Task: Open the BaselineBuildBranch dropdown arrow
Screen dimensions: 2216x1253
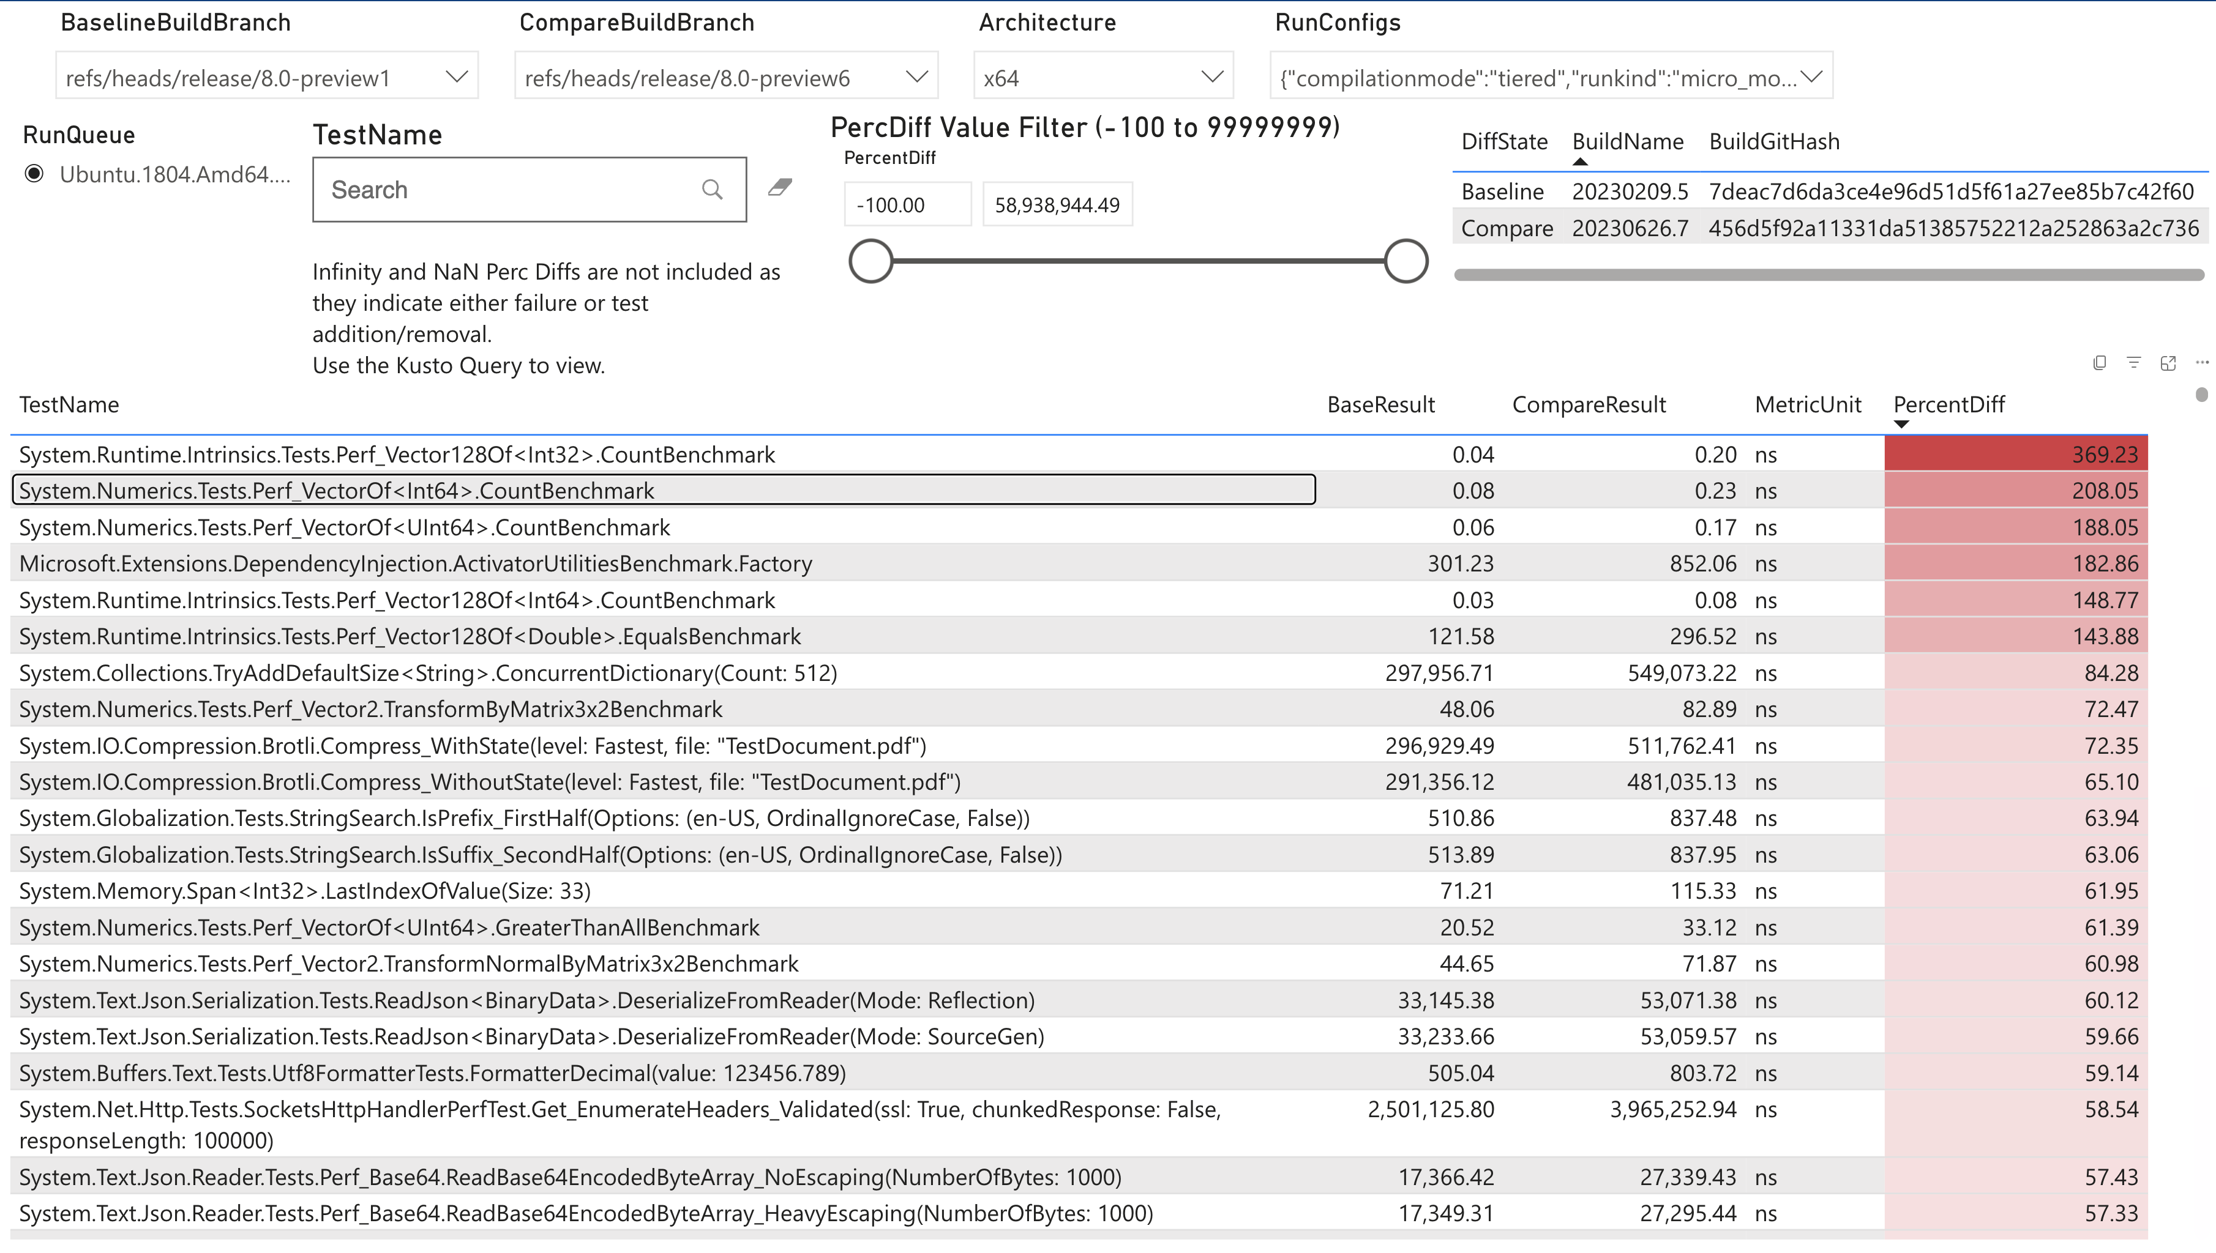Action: [x=456, y=78]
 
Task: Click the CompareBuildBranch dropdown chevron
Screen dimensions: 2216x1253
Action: [x=917, y=78]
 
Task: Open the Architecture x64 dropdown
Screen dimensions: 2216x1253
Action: [x=1211, y=78]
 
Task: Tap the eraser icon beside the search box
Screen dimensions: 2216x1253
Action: [x=780, y=188]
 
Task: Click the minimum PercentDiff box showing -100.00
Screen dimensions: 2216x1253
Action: [x=907, y=205]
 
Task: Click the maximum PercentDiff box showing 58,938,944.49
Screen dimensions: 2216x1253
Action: [x=1057, y=205]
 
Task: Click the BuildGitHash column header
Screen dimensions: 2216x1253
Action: [x=1773, y=141]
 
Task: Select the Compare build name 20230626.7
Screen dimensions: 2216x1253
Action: [x=1630, y=228]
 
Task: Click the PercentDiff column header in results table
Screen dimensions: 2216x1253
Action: [x=1948, y=404]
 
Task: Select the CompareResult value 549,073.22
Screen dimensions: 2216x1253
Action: [x=1682, y=673]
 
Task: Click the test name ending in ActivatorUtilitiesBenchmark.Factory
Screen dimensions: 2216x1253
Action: [x=416, y=563]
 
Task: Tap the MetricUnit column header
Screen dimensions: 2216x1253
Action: [x=1808, y=404]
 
